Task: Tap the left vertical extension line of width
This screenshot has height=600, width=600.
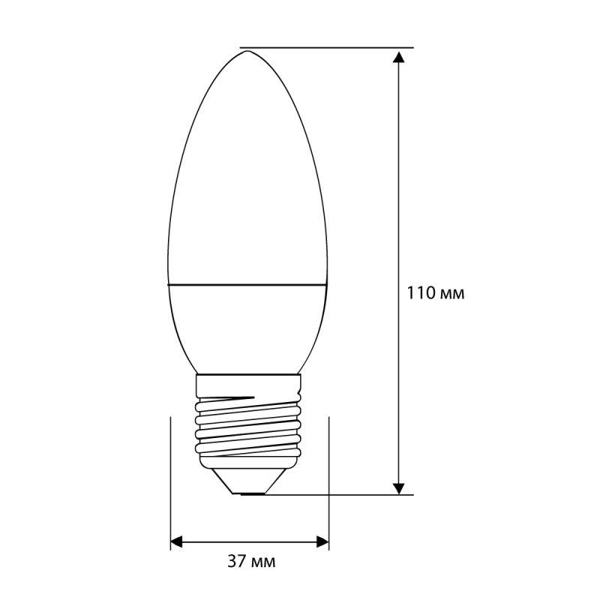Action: pos(171,480)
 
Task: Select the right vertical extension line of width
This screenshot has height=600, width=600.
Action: pos(329,480)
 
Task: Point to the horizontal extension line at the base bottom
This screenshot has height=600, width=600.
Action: pos(337,495)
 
